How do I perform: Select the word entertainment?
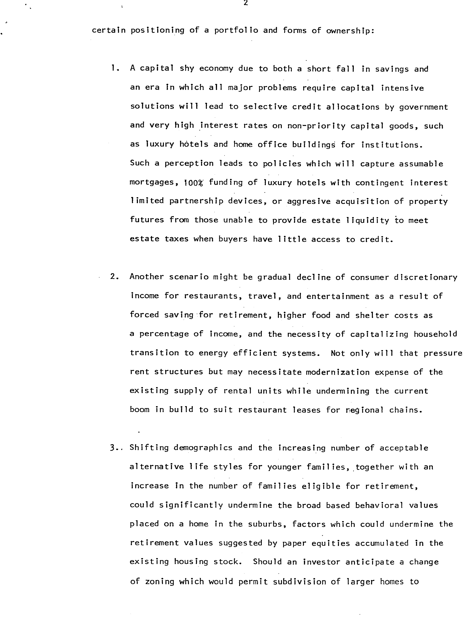(x=338, y=296)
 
